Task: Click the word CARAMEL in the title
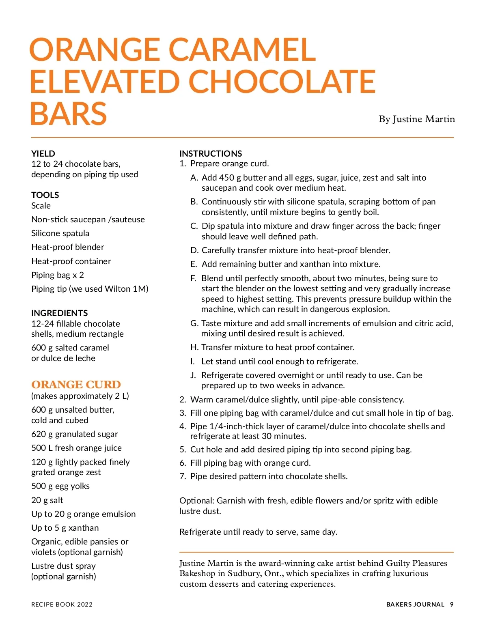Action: coord(242,49)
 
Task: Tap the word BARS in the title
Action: coord(68,114)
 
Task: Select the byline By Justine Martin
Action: coord(416,119)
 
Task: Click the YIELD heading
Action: coord(43,153)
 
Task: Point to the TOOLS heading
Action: coord(45,195)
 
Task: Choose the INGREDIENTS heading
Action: coord(59,313)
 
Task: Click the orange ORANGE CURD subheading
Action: coord(76,384)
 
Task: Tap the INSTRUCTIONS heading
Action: coord(211,153)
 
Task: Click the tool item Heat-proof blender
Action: coord(67,247)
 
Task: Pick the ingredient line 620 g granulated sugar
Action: coord(74,434)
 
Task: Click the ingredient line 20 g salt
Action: coord(47,500)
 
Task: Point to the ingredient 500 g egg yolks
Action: coord(60,486)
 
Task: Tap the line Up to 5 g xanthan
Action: coord(65,528)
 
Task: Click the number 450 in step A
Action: coord(226,178)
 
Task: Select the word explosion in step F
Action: coord(369,309)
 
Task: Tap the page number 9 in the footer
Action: coord(452,605)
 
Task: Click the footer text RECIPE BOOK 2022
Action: coord(62,605)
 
